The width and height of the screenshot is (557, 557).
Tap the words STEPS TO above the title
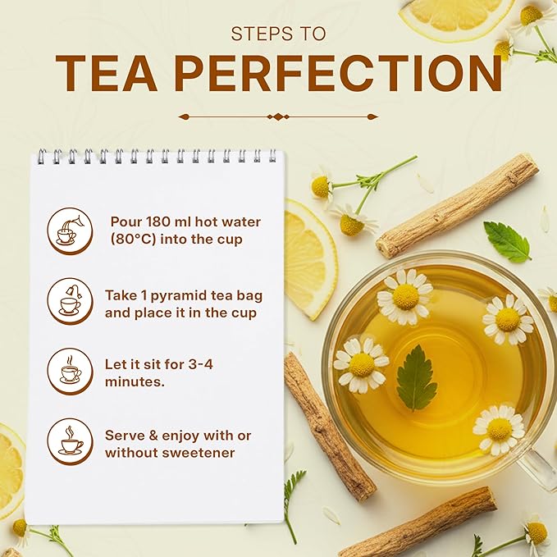[278, 34]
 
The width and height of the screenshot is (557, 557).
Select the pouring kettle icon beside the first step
[70, 231]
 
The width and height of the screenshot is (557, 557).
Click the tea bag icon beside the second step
[70, 300]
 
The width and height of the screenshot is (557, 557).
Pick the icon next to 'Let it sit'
[70, 370]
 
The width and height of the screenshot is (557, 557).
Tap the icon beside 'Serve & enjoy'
[70, 441]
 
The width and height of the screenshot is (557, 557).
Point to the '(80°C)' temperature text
[136, 240]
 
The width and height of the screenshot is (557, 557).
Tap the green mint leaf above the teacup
[507, 241]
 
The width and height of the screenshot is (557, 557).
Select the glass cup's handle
[538, 468]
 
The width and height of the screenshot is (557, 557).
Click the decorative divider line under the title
[278, 116]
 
